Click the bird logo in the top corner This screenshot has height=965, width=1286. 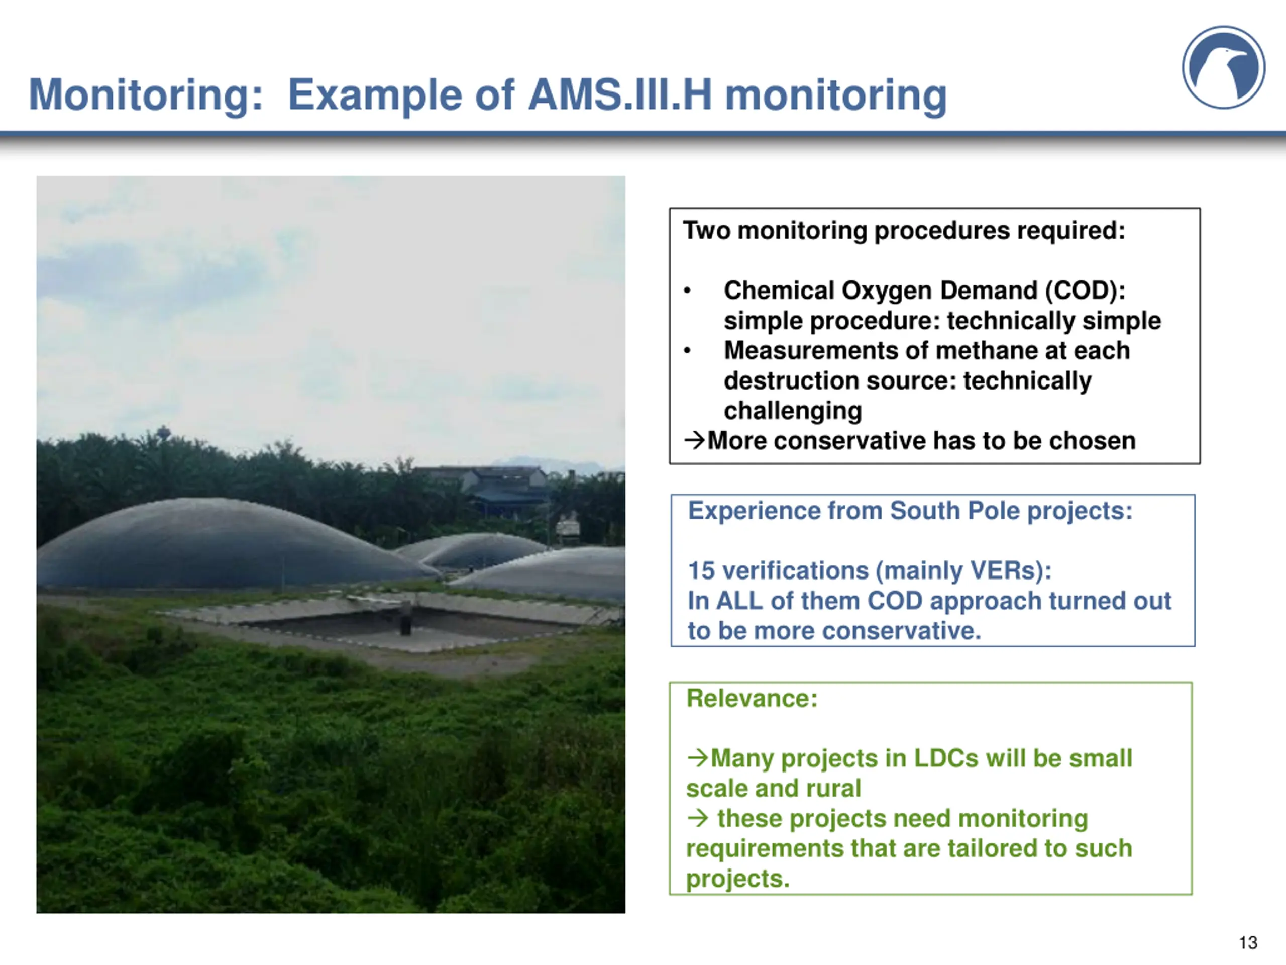(x=1223, y=67)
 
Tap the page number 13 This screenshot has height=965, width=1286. (x=1248, y=942)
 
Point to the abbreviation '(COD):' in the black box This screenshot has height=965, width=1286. (x=1085, y=291)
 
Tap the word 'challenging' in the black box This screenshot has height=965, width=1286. (x=792, y=411)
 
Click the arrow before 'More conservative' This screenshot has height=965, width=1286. (x=695, y=440)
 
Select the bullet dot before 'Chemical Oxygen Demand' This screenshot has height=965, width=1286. (x=687, y=291)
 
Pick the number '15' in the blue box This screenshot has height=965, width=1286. (x=701, y=570)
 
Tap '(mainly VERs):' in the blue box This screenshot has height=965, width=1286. (x=964, y=570)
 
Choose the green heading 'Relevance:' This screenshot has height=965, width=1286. (x=752, y=698)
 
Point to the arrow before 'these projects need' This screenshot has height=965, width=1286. (x=698, y=818)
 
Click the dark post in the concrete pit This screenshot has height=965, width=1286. (x=405, y=624)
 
